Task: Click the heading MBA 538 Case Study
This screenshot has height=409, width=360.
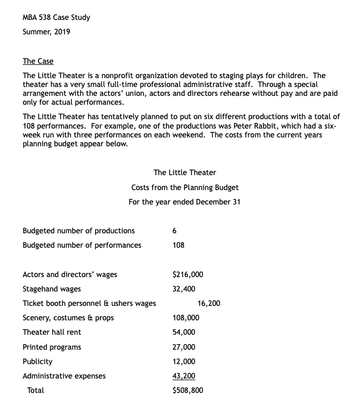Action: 56,17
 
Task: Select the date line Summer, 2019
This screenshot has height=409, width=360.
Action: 46,32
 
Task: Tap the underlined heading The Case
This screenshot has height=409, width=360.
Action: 38,61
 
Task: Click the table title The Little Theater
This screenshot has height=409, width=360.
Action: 185,172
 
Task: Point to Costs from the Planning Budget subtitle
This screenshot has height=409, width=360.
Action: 185,187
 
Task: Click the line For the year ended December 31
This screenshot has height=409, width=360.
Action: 184,202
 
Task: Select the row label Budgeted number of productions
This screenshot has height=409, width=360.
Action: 78,231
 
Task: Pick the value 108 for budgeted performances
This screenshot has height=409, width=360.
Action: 179,245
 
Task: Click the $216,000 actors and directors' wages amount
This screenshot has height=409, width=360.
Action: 188,274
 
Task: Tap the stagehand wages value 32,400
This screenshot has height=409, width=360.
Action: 184,289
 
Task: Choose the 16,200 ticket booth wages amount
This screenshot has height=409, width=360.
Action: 209,303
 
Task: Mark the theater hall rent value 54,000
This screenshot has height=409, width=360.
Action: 184,332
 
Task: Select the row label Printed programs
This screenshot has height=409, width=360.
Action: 52,347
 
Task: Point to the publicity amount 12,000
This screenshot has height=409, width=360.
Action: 184,361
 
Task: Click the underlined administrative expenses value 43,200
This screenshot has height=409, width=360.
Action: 184,376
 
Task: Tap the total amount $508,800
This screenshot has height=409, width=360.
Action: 188,390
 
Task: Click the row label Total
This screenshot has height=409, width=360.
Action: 36,390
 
